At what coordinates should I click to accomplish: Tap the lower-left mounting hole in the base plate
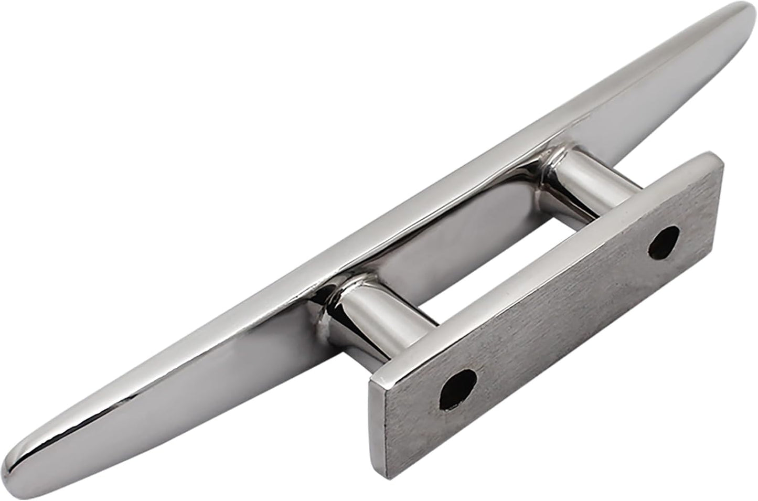point(459,386)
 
